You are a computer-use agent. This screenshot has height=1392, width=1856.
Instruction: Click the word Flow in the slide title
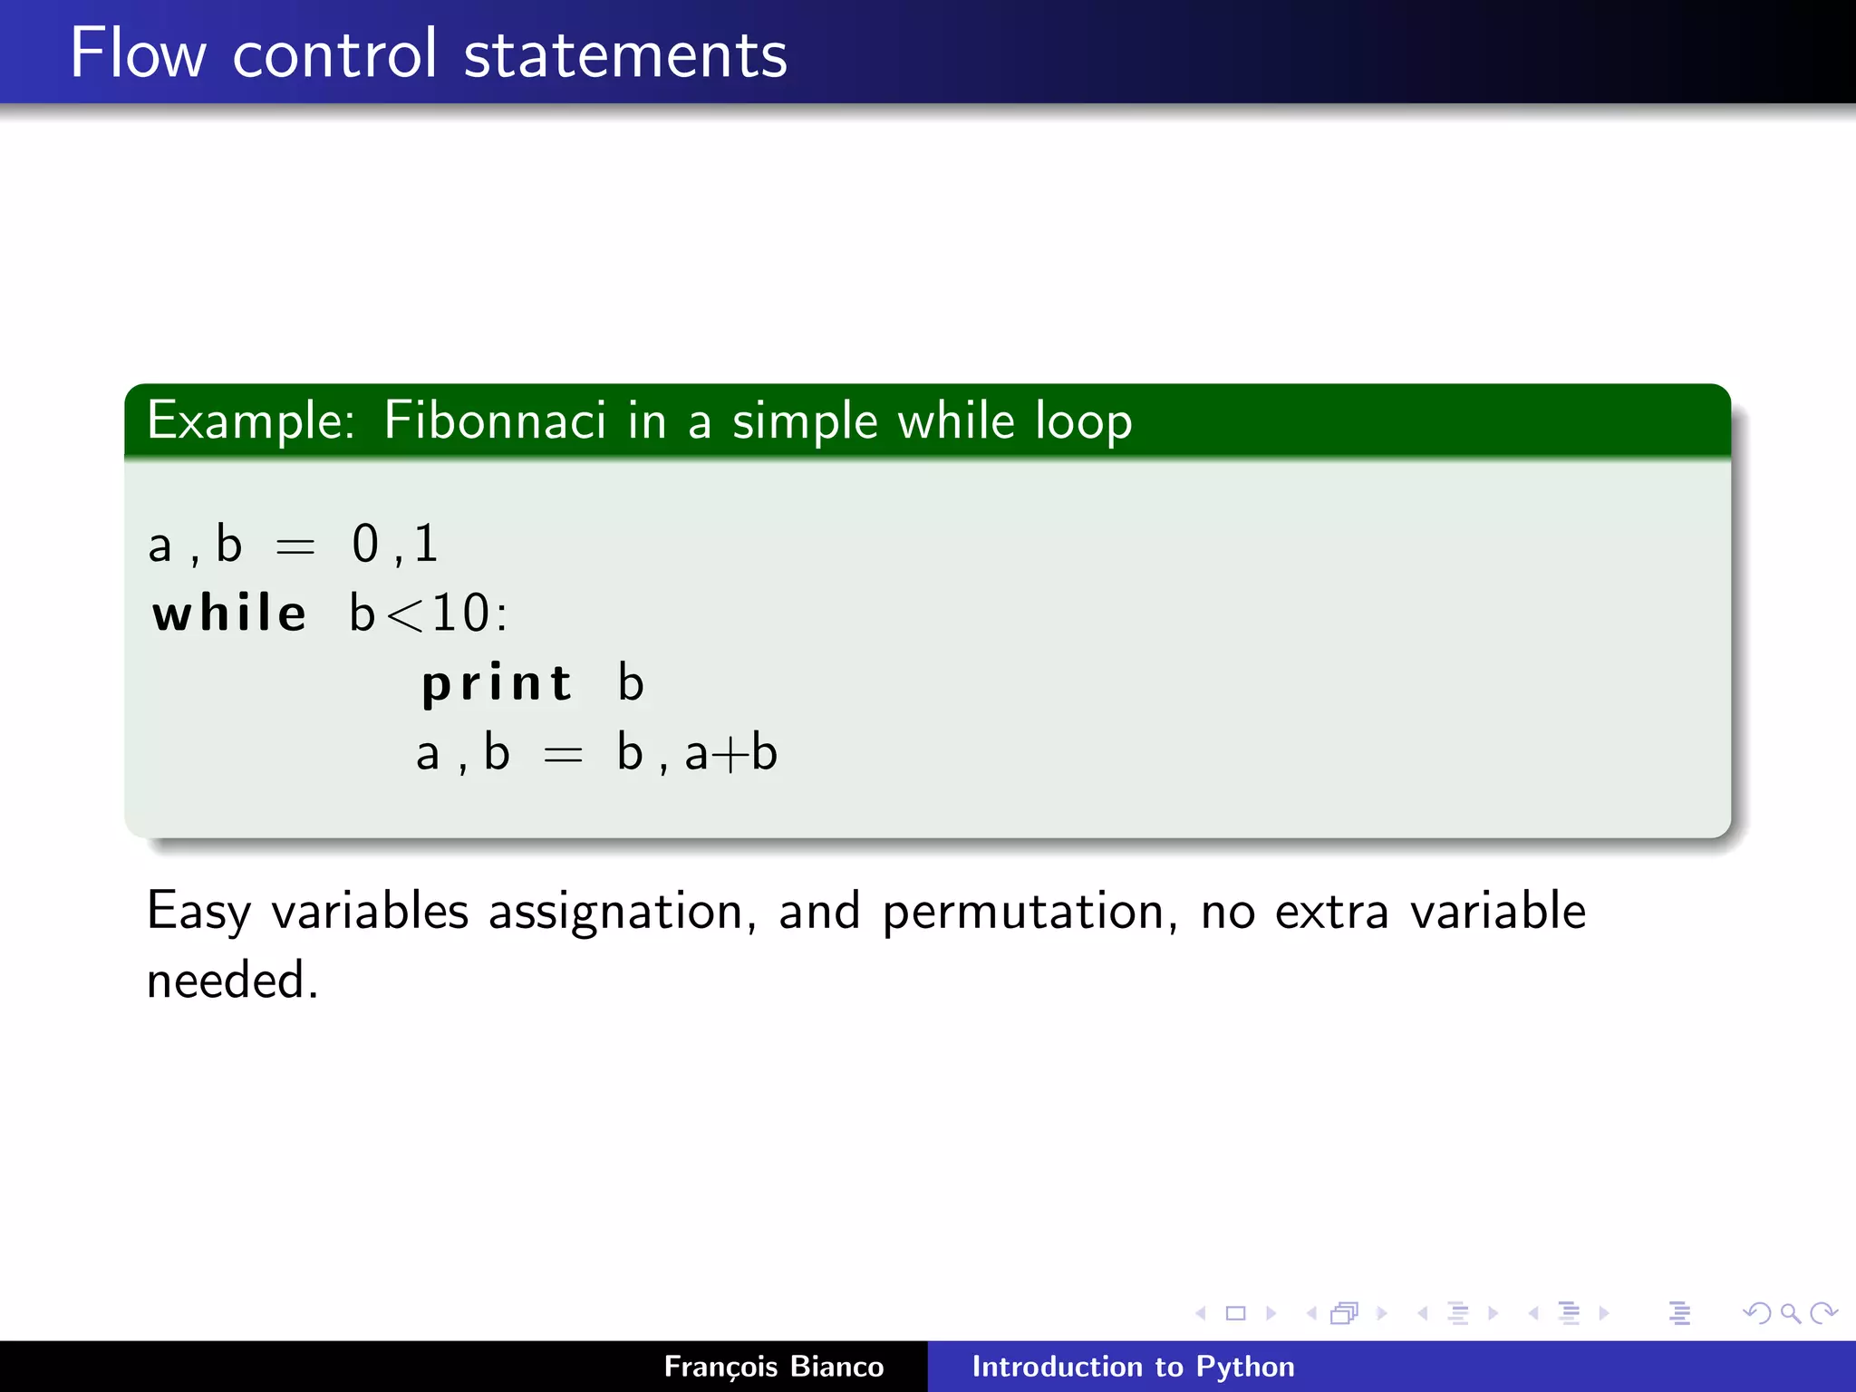click(138, 54)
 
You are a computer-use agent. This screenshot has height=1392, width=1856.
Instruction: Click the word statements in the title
click(625, 54)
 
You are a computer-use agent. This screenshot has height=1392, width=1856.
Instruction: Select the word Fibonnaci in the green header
click(495, 421)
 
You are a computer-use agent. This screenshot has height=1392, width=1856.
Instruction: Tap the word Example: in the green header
click(251, 421)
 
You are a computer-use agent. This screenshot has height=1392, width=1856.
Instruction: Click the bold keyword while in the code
click(229, 614)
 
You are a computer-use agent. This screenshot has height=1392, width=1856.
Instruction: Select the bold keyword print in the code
click(498, 684)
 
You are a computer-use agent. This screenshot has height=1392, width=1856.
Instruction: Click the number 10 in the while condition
click(460, 614)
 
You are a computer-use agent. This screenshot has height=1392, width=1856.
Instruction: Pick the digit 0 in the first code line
click(365, 544)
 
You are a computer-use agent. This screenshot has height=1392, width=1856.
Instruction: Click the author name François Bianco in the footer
click(773, 1366)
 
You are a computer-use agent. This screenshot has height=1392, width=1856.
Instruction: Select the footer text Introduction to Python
click(1133, 1366)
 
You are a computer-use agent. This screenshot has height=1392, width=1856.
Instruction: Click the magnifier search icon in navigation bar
click(1790, 1313)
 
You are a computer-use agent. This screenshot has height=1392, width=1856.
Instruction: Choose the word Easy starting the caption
click(198, 912)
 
